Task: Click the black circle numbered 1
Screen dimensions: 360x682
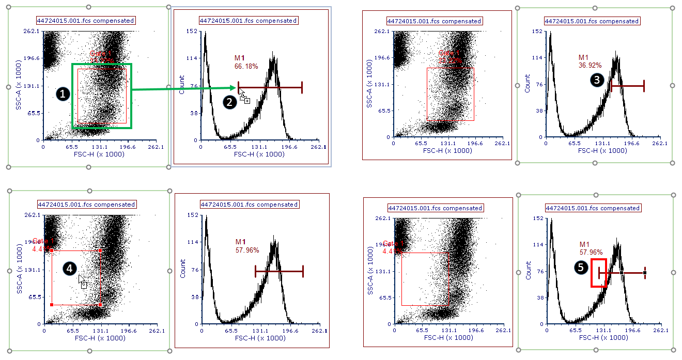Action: tap(63, 94)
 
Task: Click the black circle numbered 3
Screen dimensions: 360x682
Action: tap(597, 80)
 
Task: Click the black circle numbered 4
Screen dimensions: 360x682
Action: tap(69, 268)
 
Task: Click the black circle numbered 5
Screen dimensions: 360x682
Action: tap(581, 267)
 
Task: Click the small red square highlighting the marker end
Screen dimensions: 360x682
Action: tap(599, 273)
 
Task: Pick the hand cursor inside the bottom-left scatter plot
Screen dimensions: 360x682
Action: tap(83, 282)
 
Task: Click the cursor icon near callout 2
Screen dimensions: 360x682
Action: tap(244, 97)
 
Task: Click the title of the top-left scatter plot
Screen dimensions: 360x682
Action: tap(85, 21)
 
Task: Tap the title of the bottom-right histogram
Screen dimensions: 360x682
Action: tap(593, 208)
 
